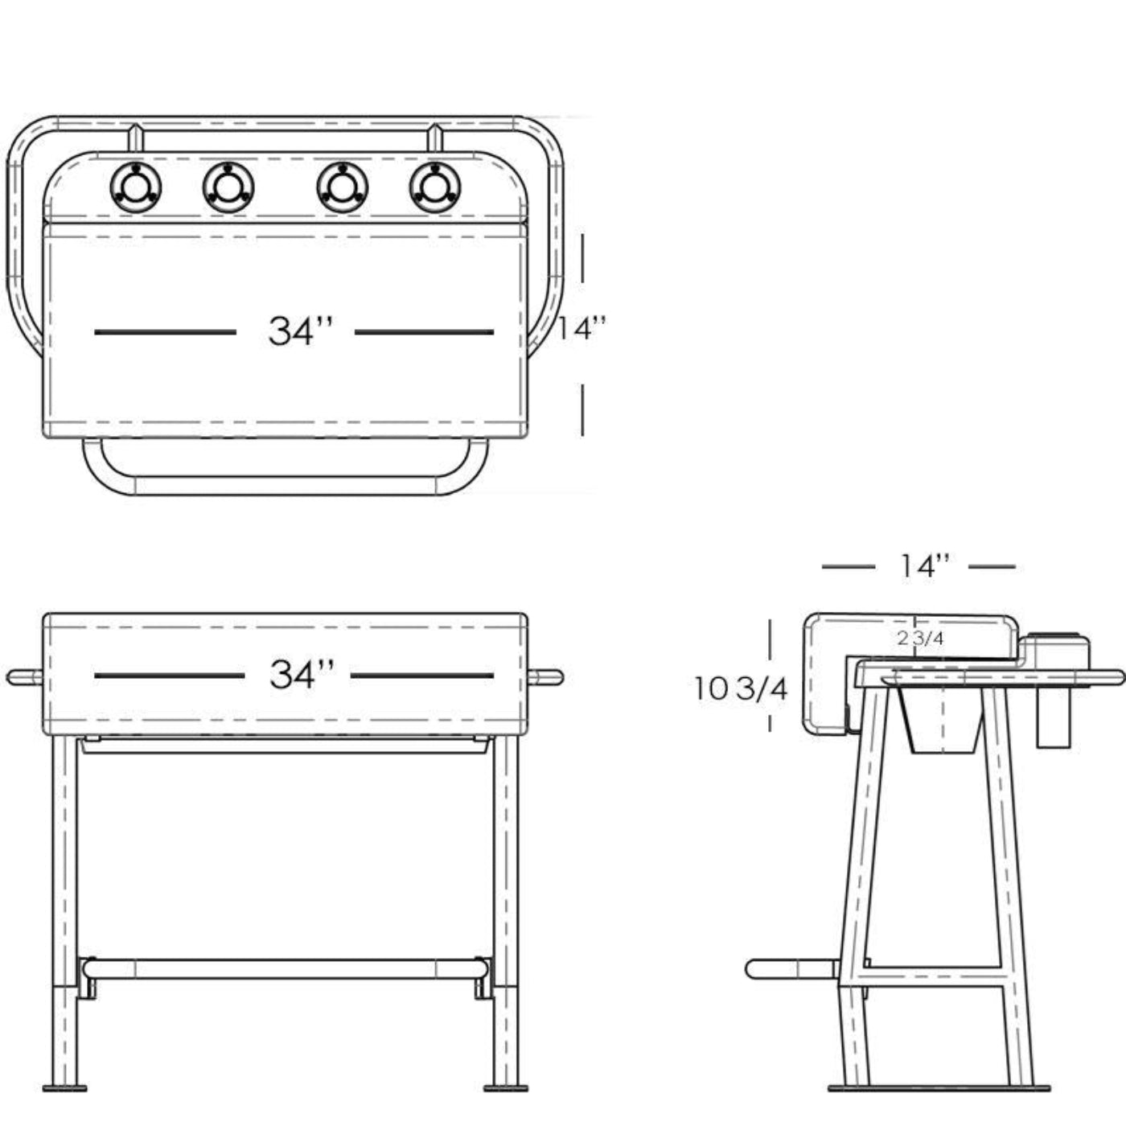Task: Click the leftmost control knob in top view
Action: (x=135, y=188)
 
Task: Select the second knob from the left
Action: (x=228, y=188)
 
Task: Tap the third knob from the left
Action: (x=343, y=188)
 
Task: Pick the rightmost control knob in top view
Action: (x=435, y=188)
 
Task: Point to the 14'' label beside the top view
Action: (x=582, y=328)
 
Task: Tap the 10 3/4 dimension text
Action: (x=741, y=688)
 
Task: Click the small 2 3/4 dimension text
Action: (x=920, y=639)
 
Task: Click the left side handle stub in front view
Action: (x=24, y=677)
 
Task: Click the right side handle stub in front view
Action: (x=546, y=677)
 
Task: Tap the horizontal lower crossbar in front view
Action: (x=286, y=968)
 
